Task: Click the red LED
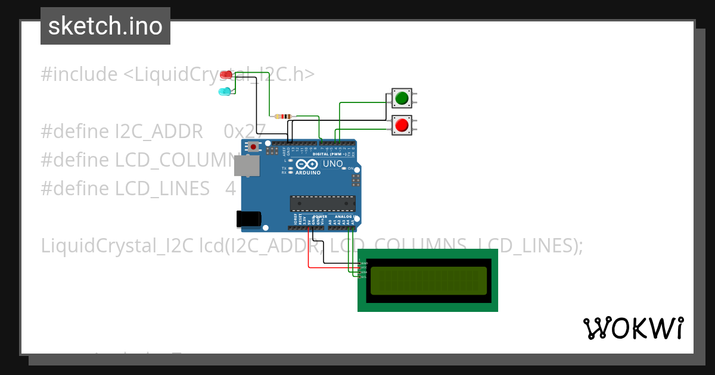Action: tap(226, 75)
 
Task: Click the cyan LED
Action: tap(225, 92)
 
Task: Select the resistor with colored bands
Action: tap(283, 116)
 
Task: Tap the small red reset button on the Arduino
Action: tap(253, 146)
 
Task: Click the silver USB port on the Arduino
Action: tap(246, 166)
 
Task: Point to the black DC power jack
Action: tap(248, 219)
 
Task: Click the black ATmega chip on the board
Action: tap(322, 204)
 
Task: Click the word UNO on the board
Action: tap(332, 164)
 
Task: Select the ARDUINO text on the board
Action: tap(307, 173)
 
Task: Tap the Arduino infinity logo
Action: tap(307, 164)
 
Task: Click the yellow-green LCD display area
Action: tap(428, 281)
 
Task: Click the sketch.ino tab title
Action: tap(105, 26)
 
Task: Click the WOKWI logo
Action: tap(633, 329)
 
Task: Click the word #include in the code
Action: tap(79, 75)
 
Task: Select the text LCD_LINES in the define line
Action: tap(163, 189)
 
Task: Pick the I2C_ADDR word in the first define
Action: tap(159, 132)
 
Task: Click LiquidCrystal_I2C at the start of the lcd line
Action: tap(117, 245)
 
